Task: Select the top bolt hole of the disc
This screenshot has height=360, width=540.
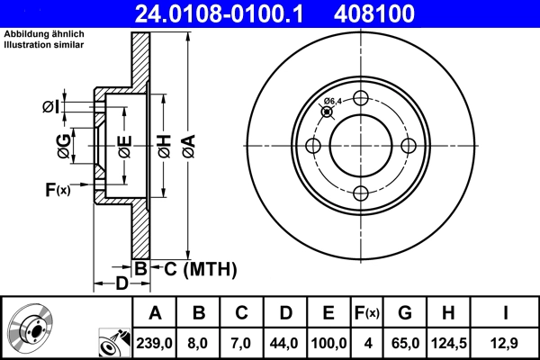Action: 361,99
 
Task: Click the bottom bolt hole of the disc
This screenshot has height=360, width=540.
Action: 361,193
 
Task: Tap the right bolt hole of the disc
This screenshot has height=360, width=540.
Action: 408,146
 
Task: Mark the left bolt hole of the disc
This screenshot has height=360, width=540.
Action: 314,146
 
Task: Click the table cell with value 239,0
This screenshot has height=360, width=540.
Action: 156,341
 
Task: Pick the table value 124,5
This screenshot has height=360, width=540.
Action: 448,341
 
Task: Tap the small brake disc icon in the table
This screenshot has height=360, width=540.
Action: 31,328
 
